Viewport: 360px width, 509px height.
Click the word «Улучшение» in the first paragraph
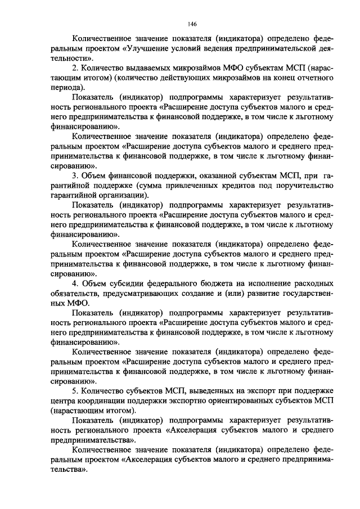coord(148,49)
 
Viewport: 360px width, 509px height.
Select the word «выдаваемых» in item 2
coord(133,68)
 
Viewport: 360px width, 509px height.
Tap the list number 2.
coord(74,68)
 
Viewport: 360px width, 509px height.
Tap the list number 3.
coord(74,176)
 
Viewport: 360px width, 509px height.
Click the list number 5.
coord(74,391)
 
